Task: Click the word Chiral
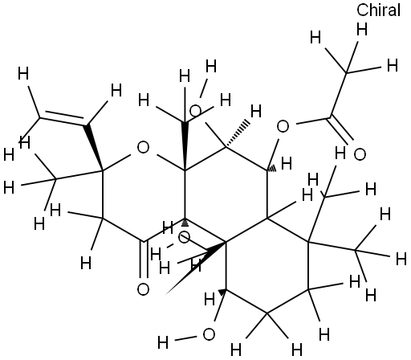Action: click(x=378, y=10)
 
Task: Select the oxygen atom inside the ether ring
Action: click(x=143, y=148)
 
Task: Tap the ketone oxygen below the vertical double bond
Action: click(x=143, y=289)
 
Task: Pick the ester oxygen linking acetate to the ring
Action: click(x=283, y=126)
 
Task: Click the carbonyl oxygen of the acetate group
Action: click(x=360, y=154)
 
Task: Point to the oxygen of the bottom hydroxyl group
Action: click(x=209, y=334)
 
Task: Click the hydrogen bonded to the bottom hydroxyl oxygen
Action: click(x=163, y=342)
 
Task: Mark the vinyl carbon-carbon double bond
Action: click(x=63, y=118)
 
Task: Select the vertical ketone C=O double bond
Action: click(x=144, y=259)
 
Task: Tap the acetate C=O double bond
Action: click(x=340, y=130)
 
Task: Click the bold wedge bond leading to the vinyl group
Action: click(x=94, y=147)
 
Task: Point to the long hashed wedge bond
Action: click(x=238, y=134)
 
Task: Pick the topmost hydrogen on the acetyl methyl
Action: click(x=362, y=30)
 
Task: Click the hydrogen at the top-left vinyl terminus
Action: click(x=23, y=74)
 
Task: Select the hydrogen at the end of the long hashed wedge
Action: click(x=256, y=111)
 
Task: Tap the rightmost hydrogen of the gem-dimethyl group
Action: click(x=401, y=259)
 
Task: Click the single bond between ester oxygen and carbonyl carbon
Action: click(x=311, y=121)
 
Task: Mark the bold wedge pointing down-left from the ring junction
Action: click(x=196, y=268)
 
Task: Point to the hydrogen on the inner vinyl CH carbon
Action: click(x=116, y=90)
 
